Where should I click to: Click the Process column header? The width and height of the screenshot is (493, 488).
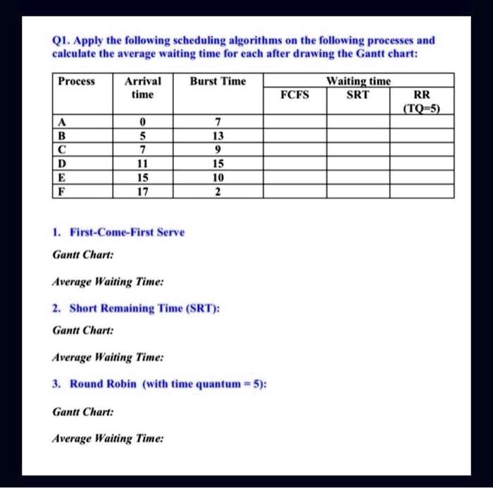(76, 82)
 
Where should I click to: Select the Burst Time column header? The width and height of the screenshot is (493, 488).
(218, 82)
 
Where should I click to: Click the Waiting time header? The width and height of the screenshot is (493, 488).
(359, 81)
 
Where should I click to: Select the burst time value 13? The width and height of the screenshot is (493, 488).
(218, 135)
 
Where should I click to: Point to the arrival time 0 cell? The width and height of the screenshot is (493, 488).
(142, 121)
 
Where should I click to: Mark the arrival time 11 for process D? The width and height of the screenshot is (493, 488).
(142, 164)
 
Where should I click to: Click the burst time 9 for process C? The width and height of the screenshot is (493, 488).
(218, 150)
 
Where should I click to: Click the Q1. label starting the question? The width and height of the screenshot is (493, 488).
(61, 40)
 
